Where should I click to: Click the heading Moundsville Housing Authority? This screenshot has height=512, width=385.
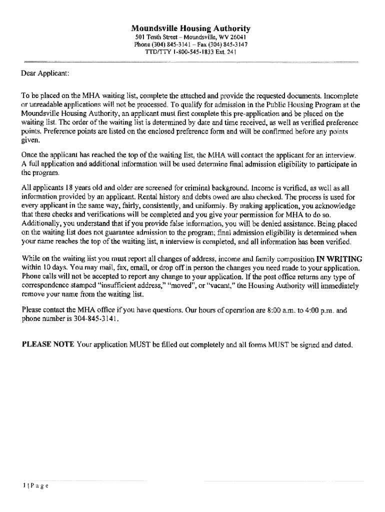coord(190,28)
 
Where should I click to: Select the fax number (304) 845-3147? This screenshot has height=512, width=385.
coord(224,44)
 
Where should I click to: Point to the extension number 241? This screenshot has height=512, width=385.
coord(231,51)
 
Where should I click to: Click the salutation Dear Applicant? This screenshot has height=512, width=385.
coord(45,74)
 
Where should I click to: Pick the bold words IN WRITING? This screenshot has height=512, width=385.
coord(339,259)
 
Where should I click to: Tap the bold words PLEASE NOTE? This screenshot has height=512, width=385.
coord(48,344)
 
